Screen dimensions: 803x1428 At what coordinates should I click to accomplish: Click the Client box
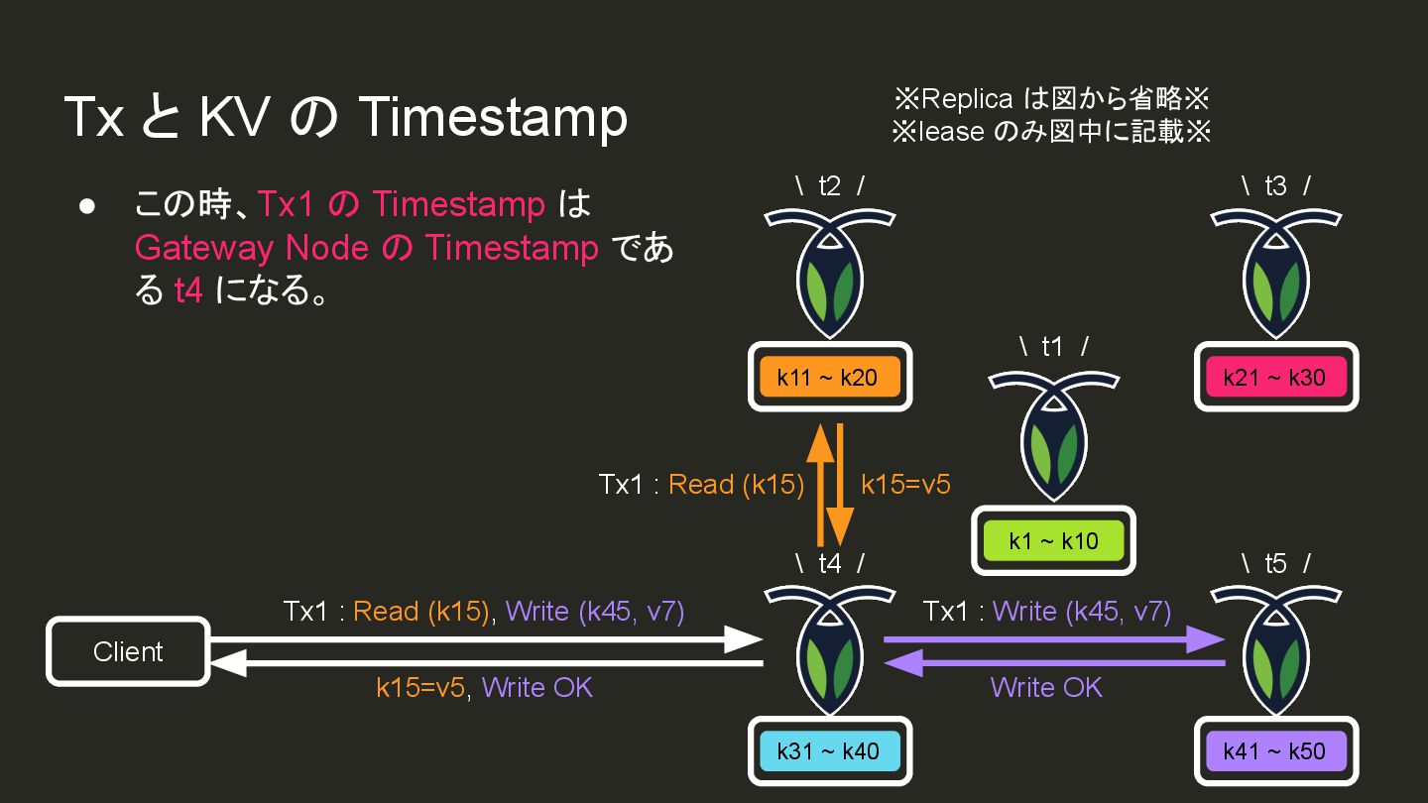(128, 651)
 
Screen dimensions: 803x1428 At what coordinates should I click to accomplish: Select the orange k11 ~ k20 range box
(828, 377)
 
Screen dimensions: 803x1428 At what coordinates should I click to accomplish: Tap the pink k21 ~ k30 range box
(1274, 377)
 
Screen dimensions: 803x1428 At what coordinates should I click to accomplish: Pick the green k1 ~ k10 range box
(1053, 540)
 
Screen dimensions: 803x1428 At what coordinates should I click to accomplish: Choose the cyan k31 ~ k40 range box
(828, 750)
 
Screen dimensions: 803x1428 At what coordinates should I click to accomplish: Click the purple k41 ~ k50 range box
(1274, 750)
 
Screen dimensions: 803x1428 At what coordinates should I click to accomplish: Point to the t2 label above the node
(829, 185)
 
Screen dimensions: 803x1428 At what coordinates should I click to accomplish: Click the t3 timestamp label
(1275, 185)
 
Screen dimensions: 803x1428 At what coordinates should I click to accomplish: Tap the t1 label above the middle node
(1053, 346)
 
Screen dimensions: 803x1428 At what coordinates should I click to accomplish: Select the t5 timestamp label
(1275, 563)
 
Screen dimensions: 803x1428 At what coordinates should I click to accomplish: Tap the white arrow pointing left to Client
(486, 663)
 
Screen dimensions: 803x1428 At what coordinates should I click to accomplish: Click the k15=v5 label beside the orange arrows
(905, 484)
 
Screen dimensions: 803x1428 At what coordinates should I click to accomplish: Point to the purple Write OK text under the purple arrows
(1046, 687)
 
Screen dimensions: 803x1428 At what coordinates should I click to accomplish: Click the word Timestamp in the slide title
(492, 117)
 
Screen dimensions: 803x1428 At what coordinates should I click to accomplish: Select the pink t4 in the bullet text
(188, 291)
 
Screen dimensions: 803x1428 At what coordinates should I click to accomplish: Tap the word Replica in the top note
(967, 99)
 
